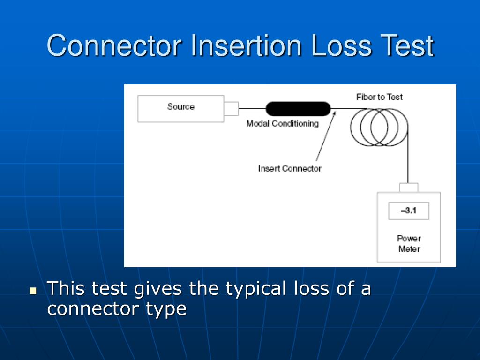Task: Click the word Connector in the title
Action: coord(114,46)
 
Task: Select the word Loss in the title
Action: coord(338,46)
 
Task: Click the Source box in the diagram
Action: coord(180,109)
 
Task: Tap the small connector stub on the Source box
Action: coord(231,109)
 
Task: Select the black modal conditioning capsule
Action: coord(298,109)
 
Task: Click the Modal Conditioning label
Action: coord(282,124)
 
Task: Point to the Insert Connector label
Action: coord(290,168)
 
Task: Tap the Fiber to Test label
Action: coord(379,97)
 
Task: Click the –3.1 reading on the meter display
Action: coord(408,210)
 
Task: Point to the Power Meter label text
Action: coord(409,243)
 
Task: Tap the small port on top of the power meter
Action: coord(408,187)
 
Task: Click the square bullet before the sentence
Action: coord(33,291)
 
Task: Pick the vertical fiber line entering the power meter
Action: coord(408,159)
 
